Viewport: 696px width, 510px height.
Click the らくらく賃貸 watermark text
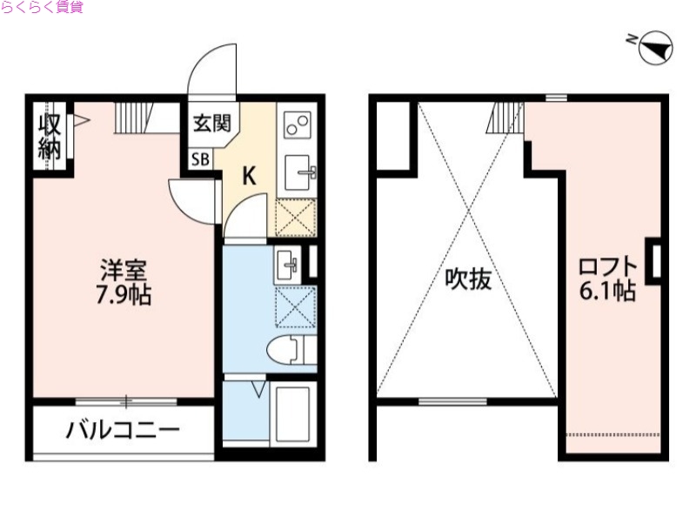tap(43, 8)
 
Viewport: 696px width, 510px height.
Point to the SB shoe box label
tap(200, 159)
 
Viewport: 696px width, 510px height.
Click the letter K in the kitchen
tap(248, 176)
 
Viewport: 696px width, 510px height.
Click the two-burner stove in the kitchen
tap(297, 124)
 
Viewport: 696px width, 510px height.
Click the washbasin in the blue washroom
tap(288, 264)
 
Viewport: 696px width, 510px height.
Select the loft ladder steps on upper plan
tap(505, 117)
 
